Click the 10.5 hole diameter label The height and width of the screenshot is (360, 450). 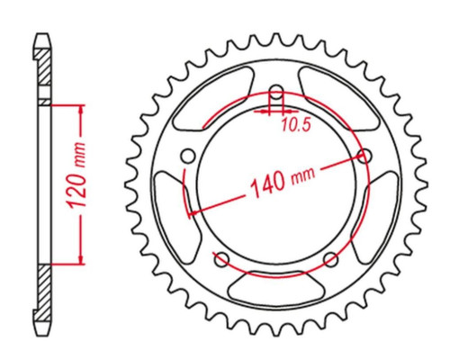[295, 125]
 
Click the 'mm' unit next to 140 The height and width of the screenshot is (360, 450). [303, 175]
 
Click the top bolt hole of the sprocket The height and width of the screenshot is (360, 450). [276, 92]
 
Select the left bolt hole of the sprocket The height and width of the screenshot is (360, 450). [188, 157]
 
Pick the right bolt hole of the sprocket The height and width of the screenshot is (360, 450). [364, 157]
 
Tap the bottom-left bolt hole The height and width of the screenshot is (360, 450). [222, 260]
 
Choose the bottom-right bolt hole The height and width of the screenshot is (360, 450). [331, 260]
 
